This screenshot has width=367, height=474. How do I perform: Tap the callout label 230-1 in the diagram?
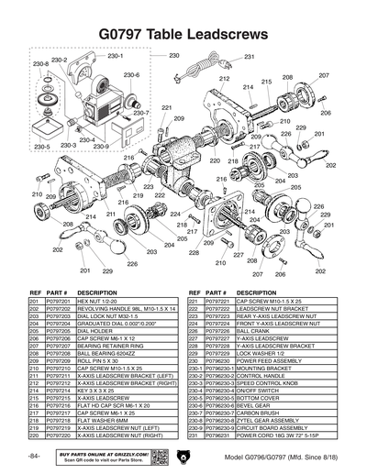click(x=116, y=56)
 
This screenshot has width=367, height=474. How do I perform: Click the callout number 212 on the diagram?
click(x=224, y=80)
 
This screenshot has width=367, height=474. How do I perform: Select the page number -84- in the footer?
click(x=34, y=457)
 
